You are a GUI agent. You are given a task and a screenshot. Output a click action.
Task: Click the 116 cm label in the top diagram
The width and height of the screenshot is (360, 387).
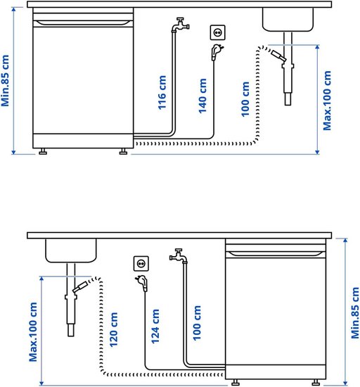click(162, 93)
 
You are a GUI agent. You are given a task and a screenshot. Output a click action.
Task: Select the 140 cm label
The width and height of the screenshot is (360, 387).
click(202, 96)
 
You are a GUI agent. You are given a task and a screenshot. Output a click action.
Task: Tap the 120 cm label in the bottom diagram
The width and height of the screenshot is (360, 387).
click(114, 330)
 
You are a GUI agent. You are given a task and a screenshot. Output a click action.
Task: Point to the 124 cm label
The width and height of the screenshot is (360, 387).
click(155, 326)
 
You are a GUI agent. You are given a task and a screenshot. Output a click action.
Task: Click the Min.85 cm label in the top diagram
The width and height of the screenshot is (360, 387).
click(5, 81)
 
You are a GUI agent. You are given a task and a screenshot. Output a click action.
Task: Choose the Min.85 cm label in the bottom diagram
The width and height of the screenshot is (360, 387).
click(355, 312)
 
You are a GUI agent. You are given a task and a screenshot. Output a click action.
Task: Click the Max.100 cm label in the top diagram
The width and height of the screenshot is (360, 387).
click(327, 101)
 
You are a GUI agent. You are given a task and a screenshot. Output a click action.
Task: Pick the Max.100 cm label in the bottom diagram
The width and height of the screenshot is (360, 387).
click(33, 332)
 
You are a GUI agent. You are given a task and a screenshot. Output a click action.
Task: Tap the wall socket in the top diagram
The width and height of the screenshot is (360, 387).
click(218, 32)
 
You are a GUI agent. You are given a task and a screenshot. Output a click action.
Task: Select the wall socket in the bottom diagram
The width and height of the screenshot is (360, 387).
click(141, 264)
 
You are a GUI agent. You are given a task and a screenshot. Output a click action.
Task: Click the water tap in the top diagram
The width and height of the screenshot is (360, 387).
click(180, 25)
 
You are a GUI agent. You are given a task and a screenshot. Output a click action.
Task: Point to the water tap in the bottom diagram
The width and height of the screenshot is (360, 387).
click(179, 256)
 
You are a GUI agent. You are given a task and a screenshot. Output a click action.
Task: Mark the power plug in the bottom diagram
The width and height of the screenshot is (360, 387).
click(142, 283)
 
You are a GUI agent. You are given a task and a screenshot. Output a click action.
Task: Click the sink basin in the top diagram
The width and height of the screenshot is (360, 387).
click(288, 20)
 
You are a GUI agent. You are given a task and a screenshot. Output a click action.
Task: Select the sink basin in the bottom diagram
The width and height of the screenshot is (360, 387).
click(71, 250)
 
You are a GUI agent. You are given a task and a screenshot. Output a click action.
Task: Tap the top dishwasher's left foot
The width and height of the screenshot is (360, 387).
click(43, 151)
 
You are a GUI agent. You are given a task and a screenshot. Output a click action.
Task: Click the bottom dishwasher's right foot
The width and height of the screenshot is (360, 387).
click(316, 382)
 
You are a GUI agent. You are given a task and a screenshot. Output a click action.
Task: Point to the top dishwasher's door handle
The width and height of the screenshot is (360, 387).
click(84, 23)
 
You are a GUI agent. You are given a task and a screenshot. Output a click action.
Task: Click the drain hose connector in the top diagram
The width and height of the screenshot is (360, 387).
click(278, 56)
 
